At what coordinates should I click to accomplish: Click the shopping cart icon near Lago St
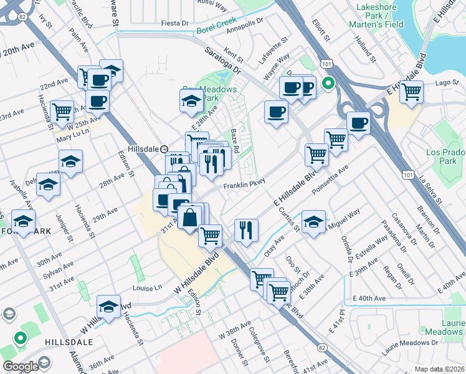411,92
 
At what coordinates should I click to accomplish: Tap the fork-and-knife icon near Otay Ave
246,230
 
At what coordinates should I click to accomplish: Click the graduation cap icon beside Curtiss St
313,222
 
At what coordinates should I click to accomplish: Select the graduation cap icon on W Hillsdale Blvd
108,307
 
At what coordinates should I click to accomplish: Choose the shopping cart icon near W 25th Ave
62,112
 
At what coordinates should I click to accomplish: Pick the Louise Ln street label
147,288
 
